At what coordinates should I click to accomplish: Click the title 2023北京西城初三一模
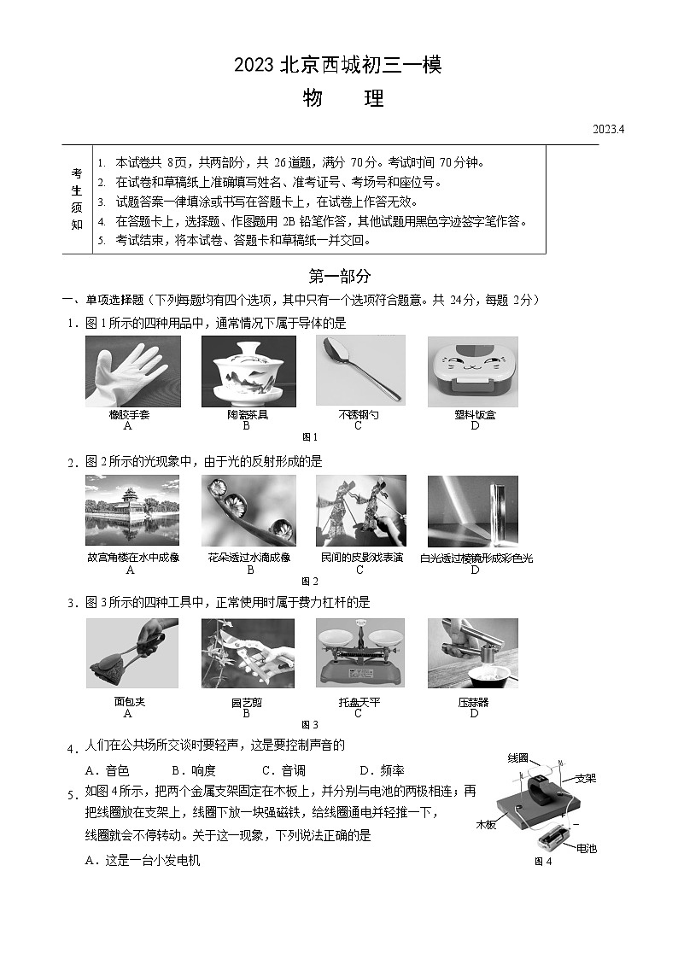coord(338,64)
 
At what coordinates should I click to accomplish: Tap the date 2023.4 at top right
coord(609,130)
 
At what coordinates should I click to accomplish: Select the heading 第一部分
coord(339,276)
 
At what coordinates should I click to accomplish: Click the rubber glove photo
coord(132,371)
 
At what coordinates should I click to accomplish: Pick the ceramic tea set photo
coord(248,371)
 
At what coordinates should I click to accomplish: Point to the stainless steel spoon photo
coord(359,371)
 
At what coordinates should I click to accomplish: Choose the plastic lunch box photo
coord(472,371)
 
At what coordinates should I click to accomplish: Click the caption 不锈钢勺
coord(359,414)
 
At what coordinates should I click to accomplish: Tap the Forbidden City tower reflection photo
coord(132,510)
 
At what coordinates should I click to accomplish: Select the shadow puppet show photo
coord(360,510)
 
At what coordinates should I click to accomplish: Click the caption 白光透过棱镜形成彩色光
coord(476,558)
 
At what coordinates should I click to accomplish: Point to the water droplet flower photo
coord(248,510)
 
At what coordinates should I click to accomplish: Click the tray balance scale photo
coord(359,653)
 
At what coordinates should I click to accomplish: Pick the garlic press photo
coord(472,653)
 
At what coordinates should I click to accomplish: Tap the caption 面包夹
coord(129,702)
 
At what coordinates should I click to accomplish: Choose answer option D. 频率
coord(381,769)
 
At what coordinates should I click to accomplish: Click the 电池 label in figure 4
coord(587,848)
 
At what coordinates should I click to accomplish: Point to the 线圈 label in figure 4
coord(518,758)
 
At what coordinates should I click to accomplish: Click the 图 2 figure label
coord(309,582)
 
